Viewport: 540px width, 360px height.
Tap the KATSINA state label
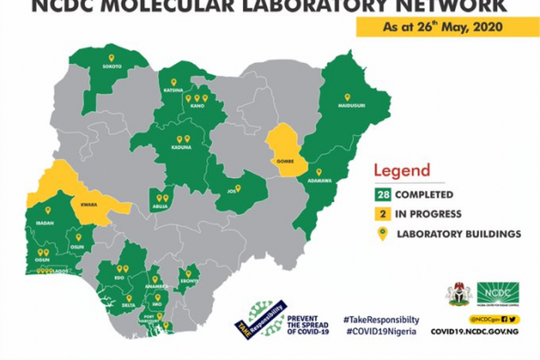(173, 90)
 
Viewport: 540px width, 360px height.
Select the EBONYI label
(189, 283)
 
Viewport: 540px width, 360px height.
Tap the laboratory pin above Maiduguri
(346, 96)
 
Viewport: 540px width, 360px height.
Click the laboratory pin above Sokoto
(111, 57)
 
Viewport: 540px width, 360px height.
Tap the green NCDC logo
(498, 293)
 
